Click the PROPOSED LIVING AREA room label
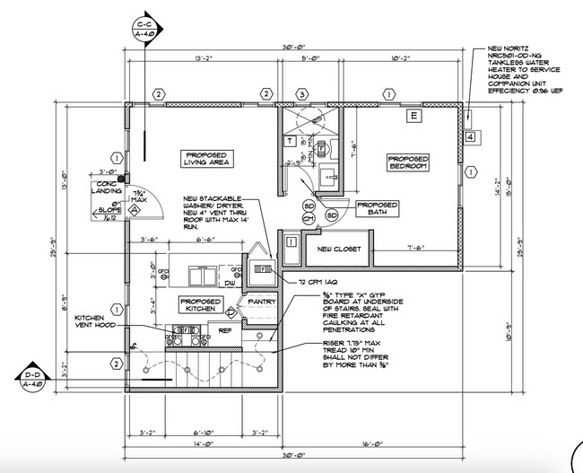[203, 155]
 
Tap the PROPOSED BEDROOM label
[407, 162]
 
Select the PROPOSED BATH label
[377, 208]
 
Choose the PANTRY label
[261, 302]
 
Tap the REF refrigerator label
[238, 329]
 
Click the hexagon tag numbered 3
[302, 94]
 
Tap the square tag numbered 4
[470, 137]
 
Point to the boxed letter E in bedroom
[413, 116]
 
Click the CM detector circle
[307, 218]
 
